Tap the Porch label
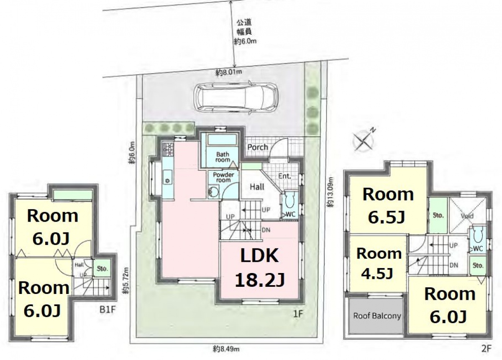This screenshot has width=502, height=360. pos(258,147)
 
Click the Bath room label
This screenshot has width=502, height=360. pos(223,157)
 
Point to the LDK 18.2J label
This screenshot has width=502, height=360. pos(260,268)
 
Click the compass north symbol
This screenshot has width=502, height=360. pos(364,140)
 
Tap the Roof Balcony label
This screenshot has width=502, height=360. pos(377,316)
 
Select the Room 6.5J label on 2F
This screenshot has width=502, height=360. pos(388,206)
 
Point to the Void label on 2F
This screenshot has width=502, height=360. pos(467,216)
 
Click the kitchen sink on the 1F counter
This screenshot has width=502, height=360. pos(168,177)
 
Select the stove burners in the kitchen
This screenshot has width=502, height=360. pos(168,149)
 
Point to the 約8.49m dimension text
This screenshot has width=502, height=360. pos(226,349)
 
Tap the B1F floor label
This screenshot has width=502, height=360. pos(108,310)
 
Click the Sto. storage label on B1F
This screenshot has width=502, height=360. pos(102,268)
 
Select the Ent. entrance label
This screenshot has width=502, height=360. pos(284,176)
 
